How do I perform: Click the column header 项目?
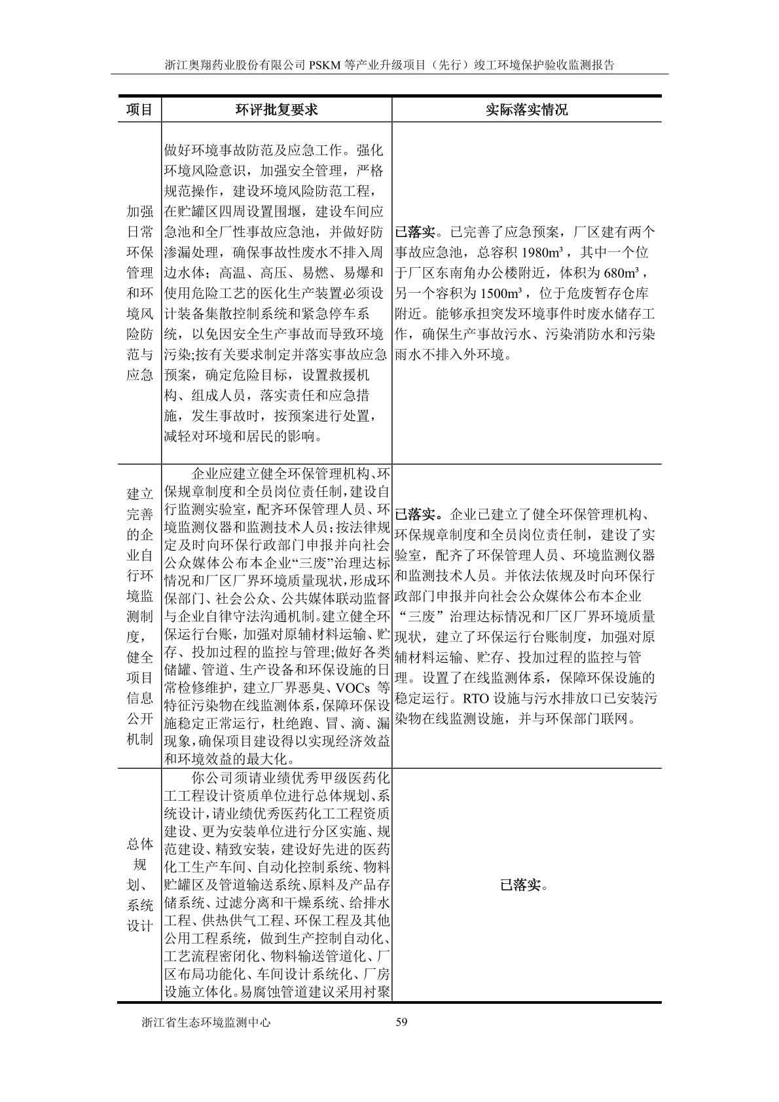(x=139, y=109)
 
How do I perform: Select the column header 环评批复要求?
(x=276, y=109)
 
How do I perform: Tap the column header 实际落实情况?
(x=526, y=109)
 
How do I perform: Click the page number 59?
(x=402, y=1022)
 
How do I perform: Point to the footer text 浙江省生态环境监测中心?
(x=206, y=1022)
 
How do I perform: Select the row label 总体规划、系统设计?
(x=139, y=885)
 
